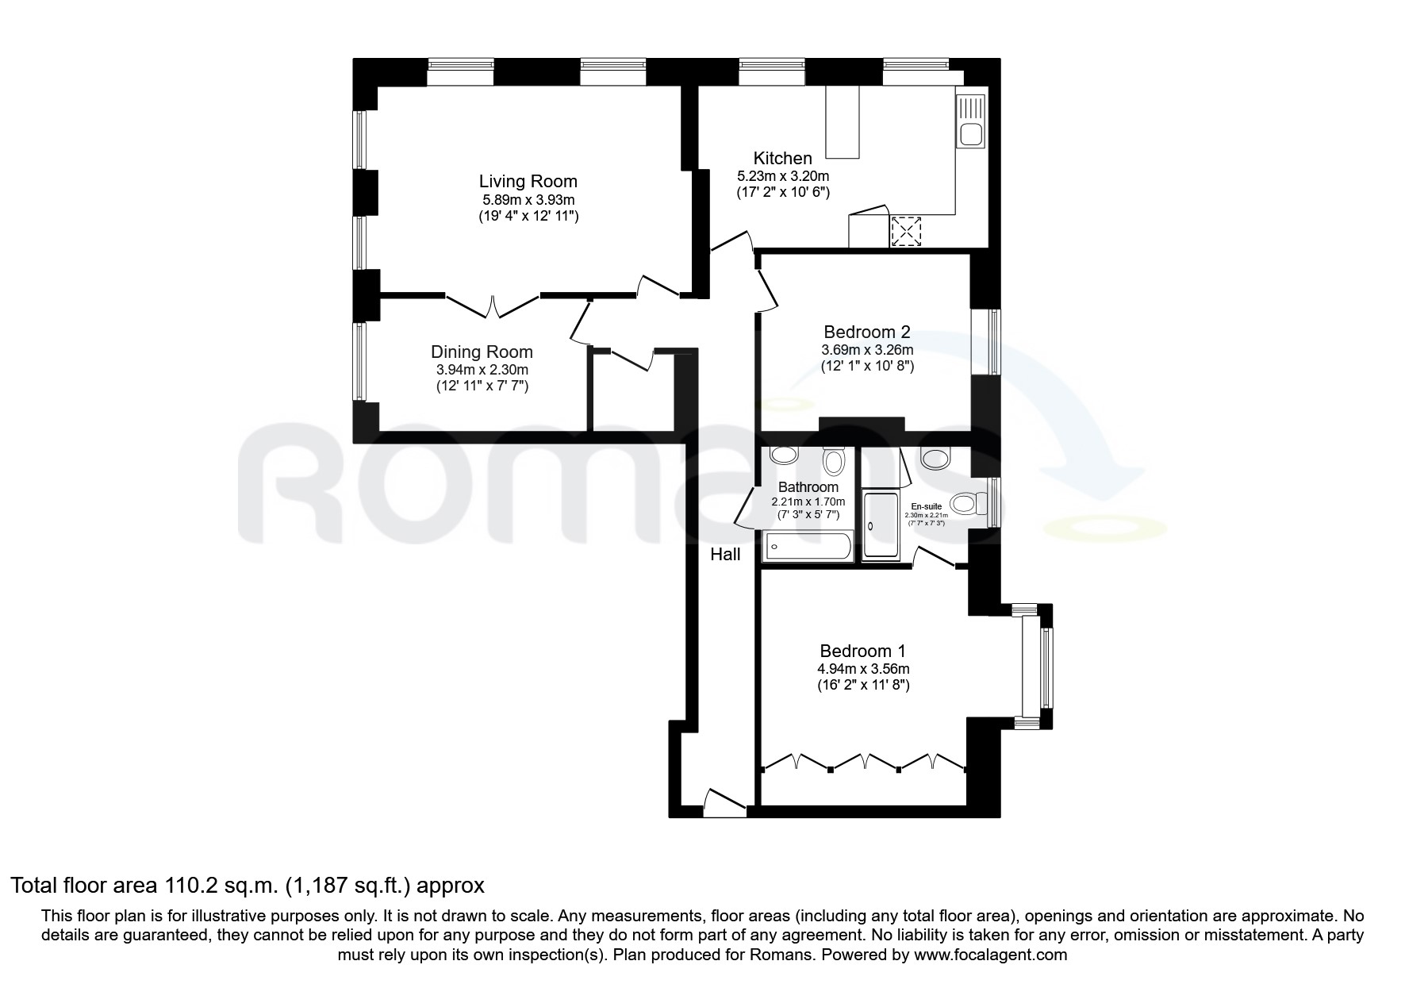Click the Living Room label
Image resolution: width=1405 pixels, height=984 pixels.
(x=528, y=182)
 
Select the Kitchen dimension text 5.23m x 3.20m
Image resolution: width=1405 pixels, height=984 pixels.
(x=783, y=175)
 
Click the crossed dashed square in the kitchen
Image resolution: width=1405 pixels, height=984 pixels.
(x=904, y=232)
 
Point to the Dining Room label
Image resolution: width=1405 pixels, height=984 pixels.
(x=482, y=352)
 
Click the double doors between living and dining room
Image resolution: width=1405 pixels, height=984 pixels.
(x=493, y=306)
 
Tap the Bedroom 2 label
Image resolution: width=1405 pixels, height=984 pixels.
(x=866, y=332)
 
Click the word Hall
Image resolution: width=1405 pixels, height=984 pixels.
(x=725, y=555)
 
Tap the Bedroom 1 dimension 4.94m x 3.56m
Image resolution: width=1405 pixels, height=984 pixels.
(x=865, y=669)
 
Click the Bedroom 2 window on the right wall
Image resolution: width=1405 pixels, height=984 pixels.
(x=994, y=341)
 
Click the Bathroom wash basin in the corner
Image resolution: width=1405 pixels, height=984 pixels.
(x=784, y=455)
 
